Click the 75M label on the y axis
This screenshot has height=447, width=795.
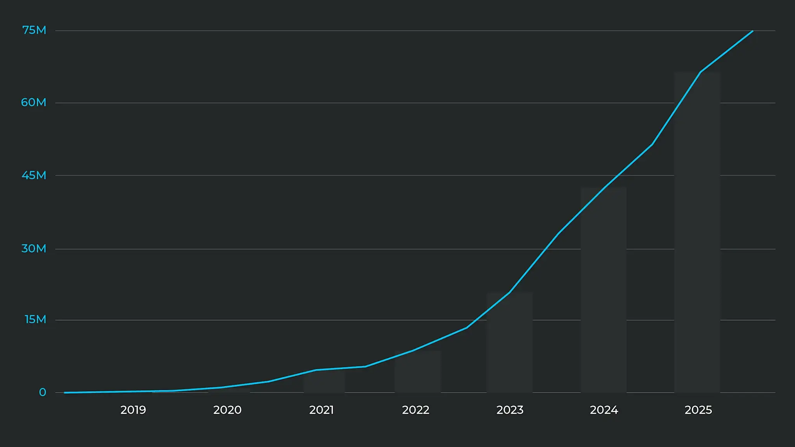(x=34, y=30)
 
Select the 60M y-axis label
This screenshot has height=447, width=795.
(x=34, y=102)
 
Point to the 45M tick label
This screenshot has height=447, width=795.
(x=34, y=175)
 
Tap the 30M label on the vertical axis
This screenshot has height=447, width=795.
(x=34, y=248)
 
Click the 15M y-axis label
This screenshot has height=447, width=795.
(x=35, y=319)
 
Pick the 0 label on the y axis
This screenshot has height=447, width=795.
(x=42, y=392)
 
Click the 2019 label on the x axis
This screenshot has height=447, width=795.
(x=133, y=410)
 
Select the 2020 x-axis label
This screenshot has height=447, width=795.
(x=227, y=410)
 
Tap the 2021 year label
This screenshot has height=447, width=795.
(x=321, y=410)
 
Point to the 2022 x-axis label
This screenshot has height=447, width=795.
(x=415, y=410)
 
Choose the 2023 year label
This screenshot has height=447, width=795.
(x=510, y=410)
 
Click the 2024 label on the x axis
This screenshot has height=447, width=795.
(x=604, y=410)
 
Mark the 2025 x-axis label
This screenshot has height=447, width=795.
(x=698, y=410)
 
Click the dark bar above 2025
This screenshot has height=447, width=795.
(x=697, y=233)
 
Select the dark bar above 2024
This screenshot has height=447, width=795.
(x=604, y=291)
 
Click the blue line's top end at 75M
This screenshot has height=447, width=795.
(x=752, y=31)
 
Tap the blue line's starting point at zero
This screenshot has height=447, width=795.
(x=65, y=392)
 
